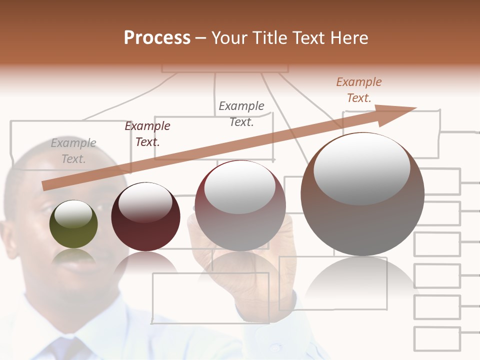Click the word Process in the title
[x=157, y=38]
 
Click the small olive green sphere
[x=73, y=224]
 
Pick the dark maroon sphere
[x=145, y=217]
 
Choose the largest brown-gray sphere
[x=362, y=194]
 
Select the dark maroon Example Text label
[x=147, y=133]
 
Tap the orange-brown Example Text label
[x=359, y=89]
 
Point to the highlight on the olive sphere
[x=73, y=213]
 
